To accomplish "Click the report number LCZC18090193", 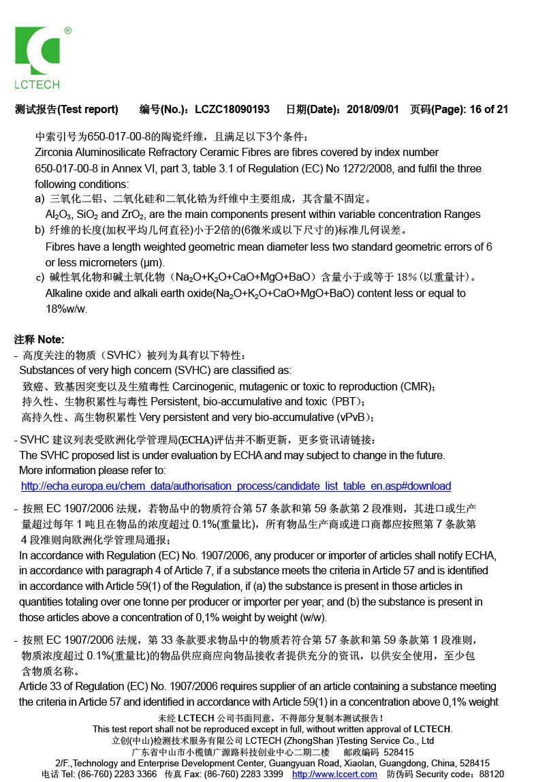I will (232, 109).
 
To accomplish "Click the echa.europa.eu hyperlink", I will (236, 486).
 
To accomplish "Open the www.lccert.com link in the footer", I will (336, 775).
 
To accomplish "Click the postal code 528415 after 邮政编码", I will (398, 753).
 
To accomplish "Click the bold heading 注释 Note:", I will (40, 339).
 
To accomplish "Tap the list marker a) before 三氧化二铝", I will (40, 199).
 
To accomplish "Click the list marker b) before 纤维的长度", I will (40, 230).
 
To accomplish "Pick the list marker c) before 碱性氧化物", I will (40, 277).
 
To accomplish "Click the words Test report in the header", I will (89, 109).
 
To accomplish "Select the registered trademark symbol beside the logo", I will (68, 31).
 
